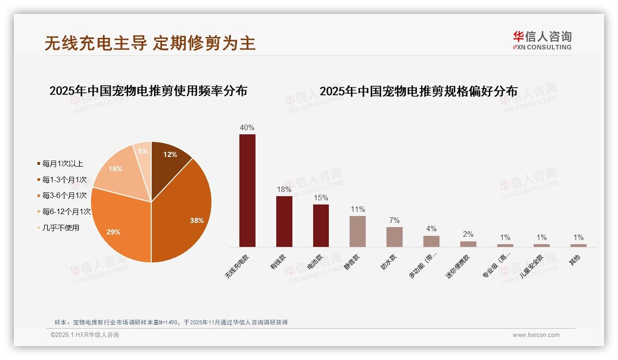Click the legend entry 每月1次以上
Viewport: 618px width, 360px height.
coord(63,163)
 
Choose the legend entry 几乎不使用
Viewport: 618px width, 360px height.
coord(60,228)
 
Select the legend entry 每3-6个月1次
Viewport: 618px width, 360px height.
coord(64,196)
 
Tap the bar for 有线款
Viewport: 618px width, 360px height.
coord(284,222)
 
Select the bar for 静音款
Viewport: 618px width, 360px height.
coord(357,231)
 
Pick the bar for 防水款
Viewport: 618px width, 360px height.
coord(394,237)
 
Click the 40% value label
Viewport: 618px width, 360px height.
coord(247,128)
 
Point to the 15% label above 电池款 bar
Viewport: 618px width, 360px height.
coord(321,198)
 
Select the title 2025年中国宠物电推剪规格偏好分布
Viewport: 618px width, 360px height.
coord(418,91)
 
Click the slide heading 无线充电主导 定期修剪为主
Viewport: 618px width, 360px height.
coord(150,43)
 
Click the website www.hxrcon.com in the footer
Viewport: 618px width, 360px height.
coord(536,335)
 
